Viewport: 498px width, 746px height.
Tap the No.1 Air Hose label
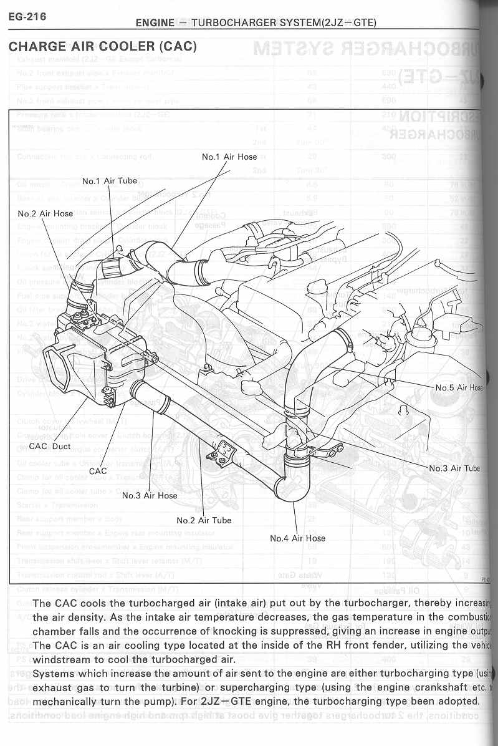229,157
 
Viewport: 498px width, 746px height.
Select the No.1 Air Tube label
110,181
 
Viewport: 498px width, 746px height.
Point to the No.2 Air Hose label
45,213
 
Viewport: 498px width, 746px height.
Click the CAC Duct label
50,446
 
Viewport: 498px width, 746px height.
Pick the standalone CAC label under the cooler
98,471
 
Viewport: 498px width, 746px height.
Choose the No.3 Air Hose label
150,495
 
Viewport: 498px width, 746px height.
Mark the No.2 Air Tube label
204,520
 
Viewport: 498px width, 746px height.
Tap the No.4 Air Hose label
297,538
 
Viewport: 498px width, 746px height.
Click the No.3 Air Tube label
454,468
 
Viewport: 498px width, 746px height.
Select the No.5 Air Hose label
459,387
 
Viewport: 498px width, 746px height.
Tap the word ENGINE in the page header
155,23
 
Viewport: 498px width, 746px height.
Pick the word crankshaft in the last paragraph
440,687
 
